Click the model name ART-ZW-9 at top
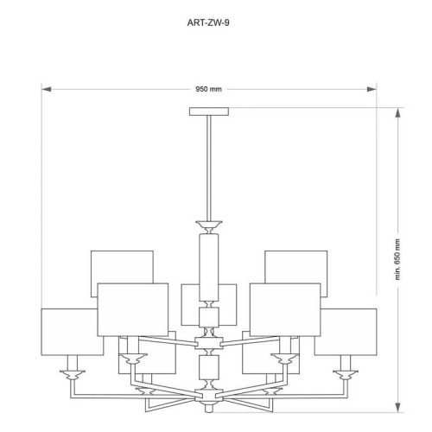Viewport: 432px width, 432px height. tap(208, 22)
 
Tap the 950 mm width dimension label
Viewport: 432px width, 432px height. tap(208, 88)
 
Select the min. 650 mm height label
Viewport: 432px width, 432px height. tap(399, 258)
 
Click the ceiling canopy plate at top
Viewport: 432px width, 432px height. tap(209, 110)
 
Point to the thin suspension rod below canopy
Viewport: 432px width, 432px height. tap(209, 164)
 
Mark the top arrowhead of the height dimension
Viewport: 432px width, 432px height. tap(399, 111)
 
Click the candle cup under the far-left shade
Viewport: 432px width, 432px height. tap(72, 373)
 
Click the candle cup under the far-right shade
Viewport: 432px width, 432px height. tap(346, 373)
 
